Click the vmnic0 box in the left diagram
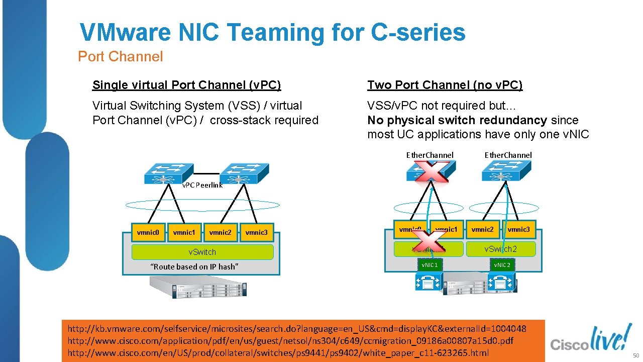148,233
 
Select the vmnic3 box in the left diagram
256,233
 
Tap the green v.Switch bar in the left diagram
202,252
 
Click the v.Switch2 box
500,249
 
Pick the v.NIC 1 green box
430,265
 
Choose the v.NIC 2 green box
502,265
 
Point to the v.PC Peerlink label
202,185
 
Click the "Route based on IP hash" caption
194,266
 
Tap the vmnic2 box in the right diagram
482,229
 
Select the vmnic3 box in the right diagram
518,229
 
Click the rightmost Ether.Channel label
508,155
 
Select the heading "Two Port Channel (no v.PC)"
445,85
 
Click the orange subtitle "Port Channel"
121,57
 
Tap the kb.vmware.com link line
297,329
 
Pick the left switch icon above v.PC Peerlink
168,173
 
